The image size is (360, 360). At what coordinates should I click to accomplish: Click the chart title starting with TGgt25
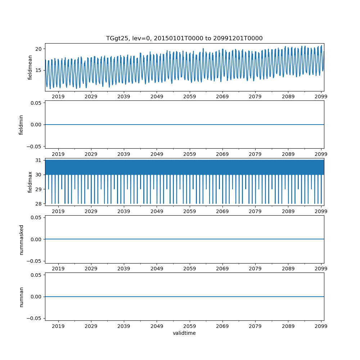[x=184, y=38]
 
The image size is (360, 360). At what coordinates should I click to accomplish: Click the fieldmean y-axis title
[x=30, y=67]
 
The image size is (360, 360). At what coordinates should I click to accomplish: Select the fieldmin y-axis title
[x=21, y=124]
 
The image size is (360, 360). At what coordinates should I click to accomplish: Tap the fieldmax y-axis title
[x=30, y=182]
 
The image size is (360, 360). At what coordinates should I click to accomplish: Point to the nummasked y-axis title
[x=21, y=239]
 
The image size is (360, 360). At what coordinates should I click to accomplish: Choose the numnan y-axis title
[x=21, y=297]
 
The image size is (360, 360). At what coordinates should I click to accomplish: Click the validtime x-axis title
[x=184, y=333]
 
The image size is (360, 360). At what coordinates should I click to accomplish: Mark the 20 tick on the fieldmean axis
[x=39, y=49]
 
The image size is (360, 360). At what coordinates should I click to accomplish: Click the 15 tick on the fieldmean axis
[x=39, y=70]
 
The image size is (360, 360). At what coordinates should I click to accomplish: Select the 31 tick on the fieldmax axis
[x=39, y=160]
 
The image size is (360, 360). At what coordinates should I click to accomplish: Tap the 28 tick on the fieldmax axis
[x=39, y=204]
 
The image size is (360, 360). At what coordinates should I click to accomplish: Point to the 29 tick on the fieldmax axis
[x=39, y=189]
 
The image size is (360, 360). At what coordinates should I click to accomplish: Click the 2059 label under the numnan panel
[x=190, y=326]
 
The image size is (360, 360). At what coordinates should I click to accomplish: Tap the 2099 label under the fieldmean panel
[x=321, y=96]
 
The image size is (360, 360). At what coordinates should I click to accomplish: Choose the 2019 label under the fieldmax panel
[x=58, y=211]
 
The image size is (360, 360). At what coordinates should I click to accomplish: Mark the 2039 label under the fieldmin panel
[x=124, y=154]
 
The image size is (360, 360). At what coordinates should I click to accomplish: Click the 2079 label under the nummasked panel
[x=255, y=269]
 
